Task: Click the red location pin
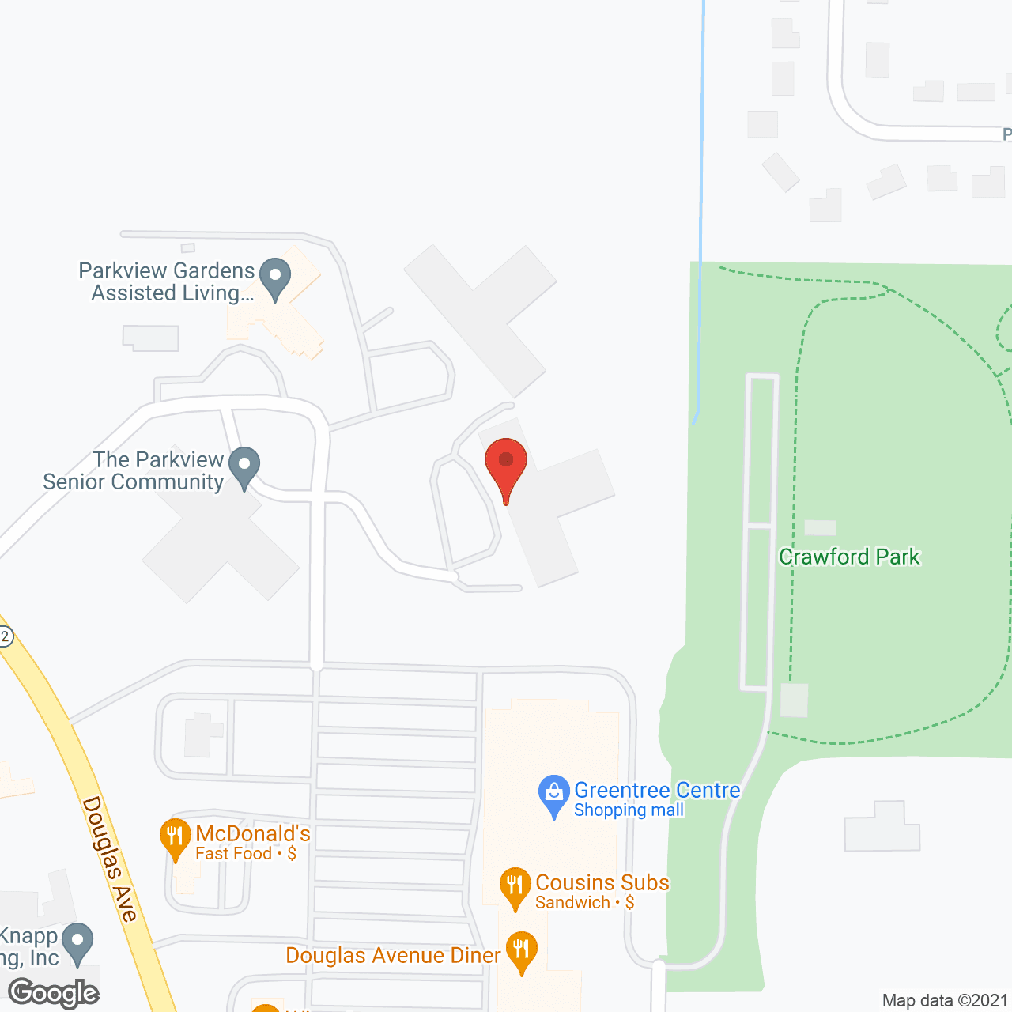pos(506,466)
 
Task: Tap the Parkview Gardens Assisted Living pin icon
pos(275,278)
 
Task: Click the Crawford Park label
pos(849,557)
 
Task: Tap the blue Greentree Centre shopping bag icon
pos(553,795)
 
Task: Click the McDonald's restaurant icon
pos(175,839)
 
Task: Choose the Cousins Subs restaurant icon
pos(515,887)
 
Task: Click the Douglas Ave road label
pos(110,859)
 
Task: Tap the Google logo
pos(54,993)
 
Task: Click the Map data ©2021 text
pos(945,1000)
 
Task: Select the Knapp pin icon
pos(77,942)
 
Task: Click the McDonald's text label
pos(253,833)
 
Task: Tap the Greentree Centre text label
pos(657,790)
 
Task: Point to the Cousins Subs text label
pos(602,882)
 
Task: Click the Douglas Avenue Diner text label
pos(393,955)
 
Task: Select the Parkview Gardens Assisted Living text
pos(167,281)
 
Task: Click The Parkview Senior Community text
pos(134,470)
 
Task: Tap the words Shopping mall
pos(629,810)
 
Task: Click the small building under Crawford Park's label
pos(795,700)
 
